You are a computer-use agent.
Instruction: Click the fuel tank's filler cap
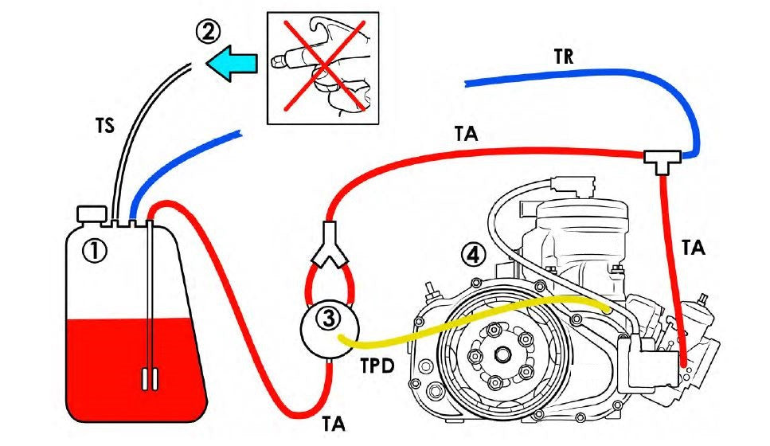[92, 213]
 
